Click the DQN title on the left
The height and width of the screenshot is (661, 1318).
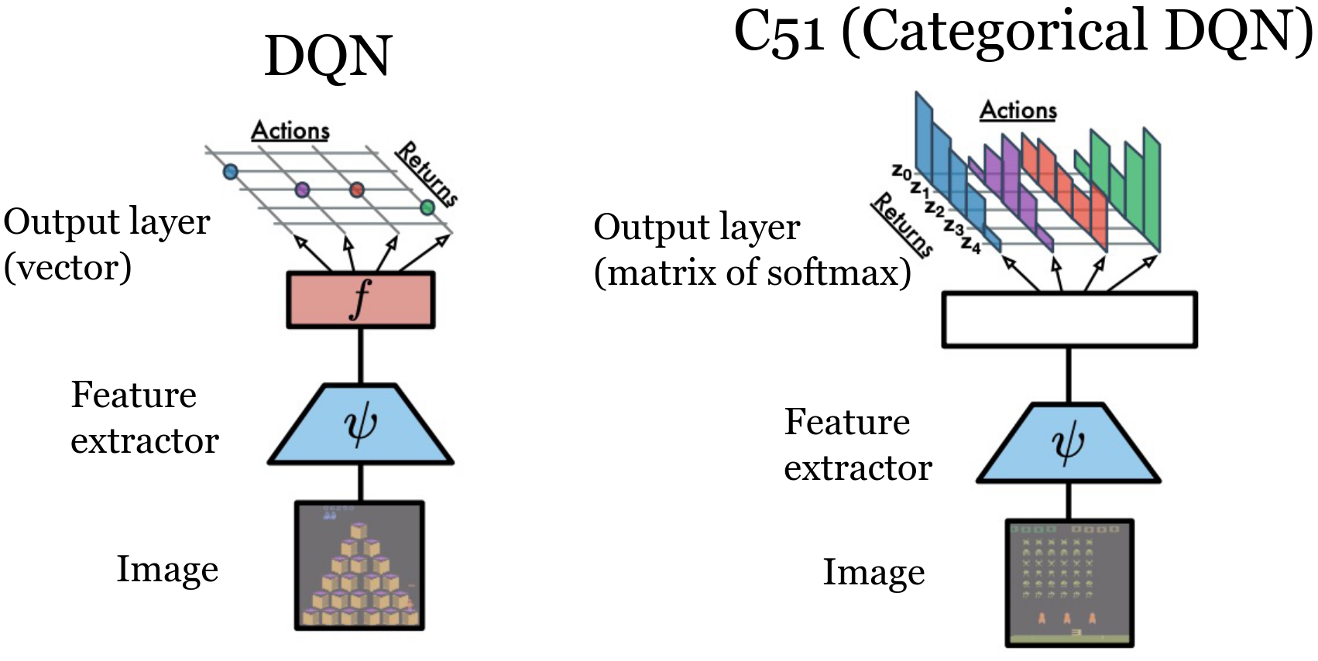coord(328,57)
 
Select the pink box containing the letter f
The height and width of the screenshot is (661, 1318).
coord(360,300)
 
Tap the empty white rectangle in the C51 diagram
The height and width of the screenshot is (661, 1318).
coord(1069,320)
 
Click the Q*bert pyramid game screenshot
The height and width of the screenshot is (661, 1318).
coord(359,565)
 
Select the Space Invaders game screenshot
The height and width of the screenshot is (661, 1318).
coord(1069,583)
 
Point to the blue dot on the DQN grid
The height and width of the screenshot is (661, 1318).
coord(230,171)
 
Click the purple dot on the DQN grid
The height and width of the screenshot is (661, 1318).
coord(302,190)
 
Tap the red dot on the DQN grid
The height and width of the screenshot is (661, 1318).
coord(356,190)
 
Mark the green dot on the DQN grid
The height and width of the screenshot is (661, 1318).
coord(427,207)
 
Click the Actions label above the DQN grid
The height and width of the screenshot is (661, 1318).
coord(290,130)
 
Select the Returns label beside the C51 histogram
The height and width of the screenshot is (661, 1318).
coord(903,224)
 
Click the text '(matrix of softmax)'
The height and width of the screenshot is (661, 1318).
coord(752,272)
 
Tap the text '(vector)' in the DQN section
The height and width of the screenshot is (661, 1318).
coord(67,268)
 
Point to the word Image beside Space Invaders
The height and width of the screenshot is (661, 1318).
coord(874,573)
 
